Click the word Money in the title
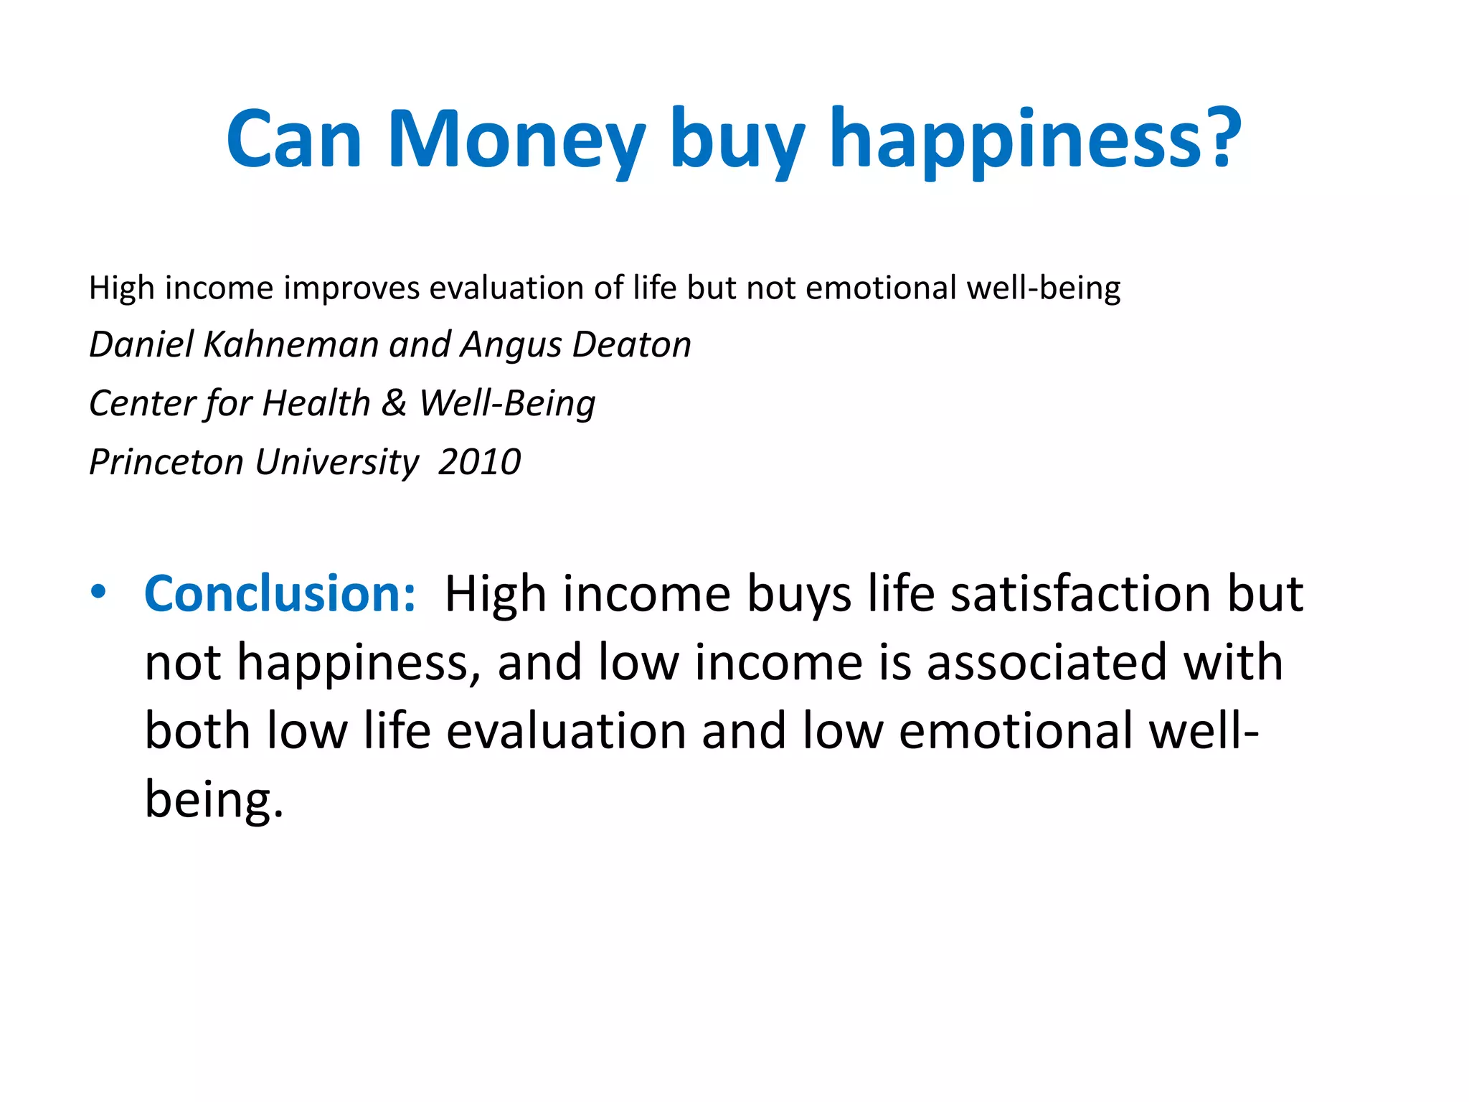tap(516, 140)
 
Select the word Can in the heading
tap(294, 140)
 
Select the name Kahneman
tap(291, 344)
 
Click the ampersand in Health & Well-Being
tap(394, 402)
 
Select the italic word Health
tap(316, 402)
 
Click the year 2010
tap(479, 461)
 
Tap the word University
tap(337, 461)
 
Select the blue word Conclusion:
tap(280, 594)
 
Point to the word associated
tap(1047, 661)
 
